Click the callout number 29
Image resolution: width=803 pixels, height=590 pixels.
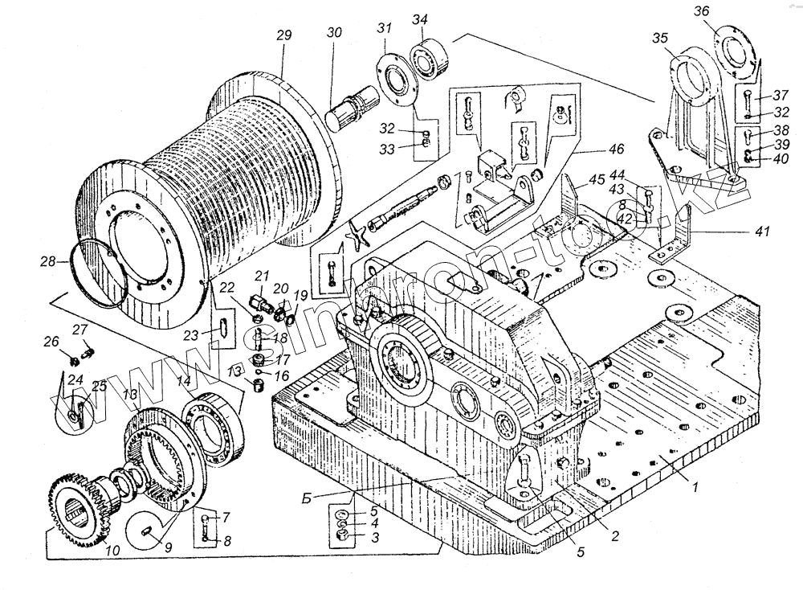(x=283, y=35)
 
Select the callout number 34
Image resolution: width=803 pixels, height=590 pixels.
(x=420, y=19)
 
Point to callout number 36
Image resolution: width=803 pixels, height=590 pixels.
(x=702, y=12)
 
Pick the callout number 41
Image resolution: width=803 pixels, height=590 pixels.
(x=761, y=231)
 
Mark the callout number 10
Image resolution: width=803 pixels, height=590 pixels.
(x=112, y=551)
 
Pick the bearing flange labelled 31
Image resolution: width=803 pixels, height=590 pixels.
(x=398, y=80)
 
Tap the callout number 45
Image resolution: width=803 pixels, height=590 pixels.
(x=596, y=179)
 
